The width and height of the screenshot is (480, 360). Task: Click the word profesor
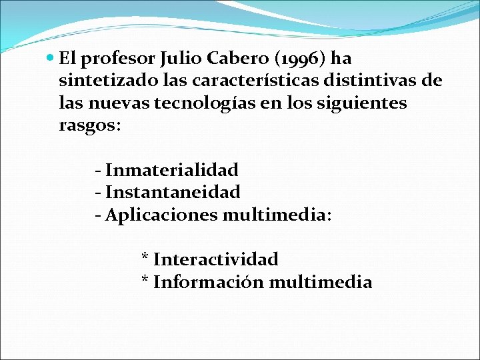118,60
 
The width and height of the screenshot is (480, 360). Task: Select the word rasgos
87,125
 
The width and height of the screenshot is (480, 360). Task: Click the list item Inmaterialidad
171,171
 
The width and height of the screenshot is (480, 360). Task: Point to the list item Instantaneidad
173,193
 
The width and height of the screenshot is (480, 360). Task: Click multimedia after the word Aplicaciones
275,215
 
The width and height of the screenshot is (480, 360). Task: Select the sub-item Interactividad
215,259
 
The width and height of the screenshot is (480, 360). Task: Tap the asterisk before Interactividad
145,257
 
